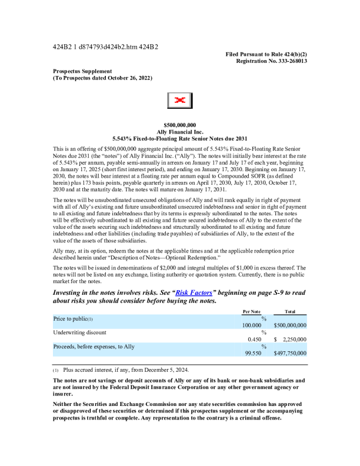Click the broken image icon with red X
coord(180,101)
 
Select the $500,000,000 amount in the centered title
coord(180,125)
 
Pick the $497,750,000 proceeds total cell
coord(290,354)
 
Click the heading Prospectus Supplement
coord(82,71)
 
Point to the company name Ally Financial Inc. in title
coord(180,131)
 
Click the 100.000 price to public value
coord(252,325)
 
